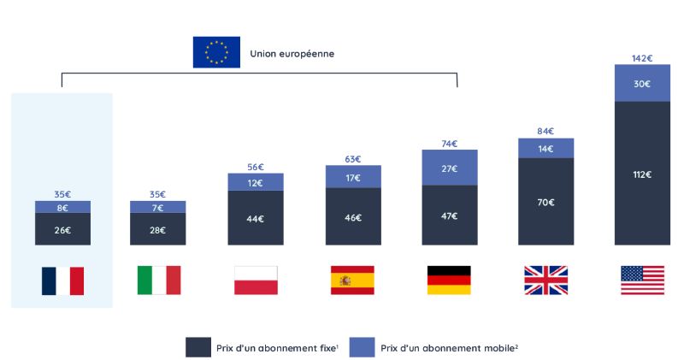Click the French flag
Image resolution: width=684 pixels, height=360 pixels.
[x=62, y=280]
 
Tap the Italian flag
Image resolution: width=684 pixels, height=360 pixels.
[x=159, y=280]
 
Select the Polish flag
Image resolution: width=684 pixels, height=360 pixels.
[x=256, y=280]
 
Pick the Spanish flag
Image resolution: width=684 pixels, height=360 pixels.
[x=352, y=280]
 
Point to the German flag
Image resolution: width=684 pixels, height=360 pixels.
[x=449, y=280]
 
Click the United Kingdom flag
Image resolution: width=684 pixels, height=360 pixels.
[x=545, y=280]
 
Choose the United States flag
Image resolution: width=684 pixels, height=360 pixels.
[x=642, y=280]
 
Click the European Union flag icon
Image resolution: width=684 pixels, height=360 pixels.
[x=216, y=52]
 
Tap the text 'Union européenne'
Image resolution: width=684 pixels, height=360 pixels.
[x=292, y=53]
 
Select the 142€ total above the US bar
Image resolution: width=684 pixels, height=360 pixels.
[x=642, y=58]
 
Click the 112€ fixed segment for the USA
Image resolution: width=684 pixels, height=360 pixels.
[x=642, y=174]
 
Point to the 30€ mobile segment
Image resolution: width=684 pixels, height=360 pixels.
[x=642, y=83]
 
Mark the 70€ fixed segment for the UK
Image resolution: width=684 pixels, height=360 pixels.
[x=545, y=203]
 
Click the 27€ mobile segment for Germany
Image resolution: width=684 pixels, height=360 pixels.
[x=449, y=168]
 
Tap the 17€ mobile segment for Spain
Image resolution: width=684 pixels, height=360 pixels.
[x=352, y=178]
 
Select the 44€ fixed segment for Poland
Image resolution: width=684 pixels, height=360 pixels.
[x=256, y=218]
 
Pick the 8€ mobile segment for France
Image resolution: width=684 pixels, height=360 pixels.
[x=62, y=208]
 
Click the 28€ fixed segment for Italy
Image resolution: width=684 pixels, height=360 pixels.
[x=159, y=229]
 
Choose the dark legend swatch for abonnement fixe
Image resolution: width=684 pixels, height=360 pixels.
[x=198, y=347]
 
